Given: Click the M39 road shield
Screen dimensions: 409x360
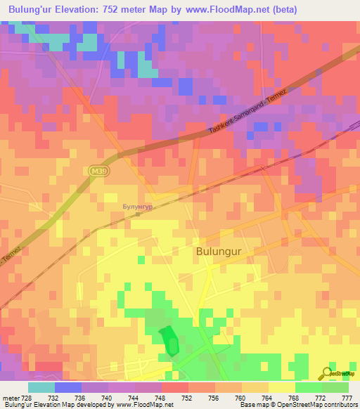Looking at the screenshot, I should coord(100,171).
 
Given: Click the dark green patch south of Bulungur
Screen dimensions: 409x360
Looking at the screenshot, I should coord(169,342).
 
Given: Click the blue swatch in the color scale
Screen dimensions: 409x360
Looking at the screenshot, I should coord(67,387).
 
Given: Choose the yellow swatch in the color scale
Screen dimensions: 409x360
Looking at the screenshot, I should coord(281,387).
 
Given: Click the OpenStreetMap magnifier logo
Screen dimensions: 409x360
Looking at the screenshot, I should coord(326,373).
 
